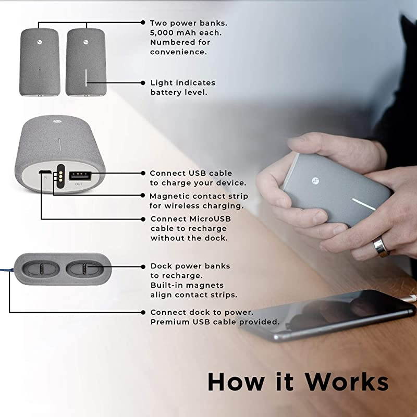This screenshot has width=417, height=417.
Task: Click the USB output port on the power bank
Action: (80, 176)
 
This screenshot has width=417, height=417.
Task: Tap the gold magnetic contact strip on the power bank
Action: (60, 176)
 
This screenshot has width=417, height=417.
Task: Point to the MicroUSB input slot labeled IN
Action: (45, 172)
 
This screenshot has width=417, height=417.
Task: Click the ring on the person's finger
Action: (381, 247)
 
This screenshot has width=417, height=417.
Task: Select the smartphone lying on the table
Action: (330, 316)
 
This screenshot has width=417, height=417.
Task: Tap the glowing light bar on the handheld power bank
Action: (364, 204)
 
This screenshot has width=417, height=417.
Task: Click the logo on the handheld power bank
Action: (316, 181)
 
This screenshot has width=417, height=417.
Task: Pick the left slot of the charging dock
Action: (41, 268)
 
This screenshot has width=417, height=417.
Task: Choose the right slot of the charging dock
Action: (84, 268)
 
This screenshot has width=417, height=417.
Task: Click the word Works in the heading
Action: (347, 382)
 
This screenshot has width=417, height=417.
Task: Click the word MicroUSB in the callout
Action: (210, 219)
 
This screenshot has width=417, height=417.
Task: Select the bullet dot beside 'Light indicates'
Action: (143, 83)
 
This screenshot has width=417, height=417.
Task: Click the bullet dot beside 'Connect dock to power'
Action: (143, 312)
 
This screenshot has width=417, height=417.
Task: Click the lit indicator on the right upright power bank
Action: (86, 77)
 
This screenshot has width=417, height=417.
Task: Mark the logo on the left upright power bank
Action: (40, 42)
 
